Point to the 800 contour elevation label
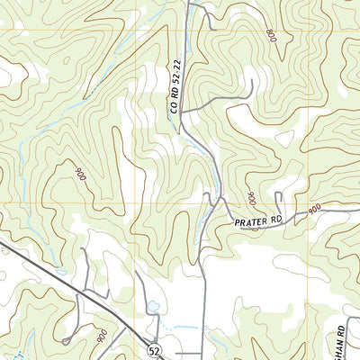[271, 36]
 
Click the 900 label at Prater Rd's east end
[313, 209]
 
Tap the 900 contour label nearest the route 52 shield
[101, 334]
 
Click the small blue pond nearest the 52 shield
[153, 307]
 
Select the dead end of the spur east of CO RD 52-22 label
[253, 83]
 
